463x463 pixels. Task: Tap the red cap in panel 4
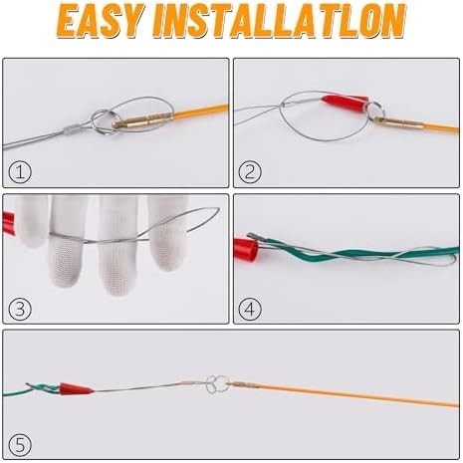(242, 243)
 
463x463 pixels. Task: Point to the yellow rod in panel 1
(194, 113)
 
